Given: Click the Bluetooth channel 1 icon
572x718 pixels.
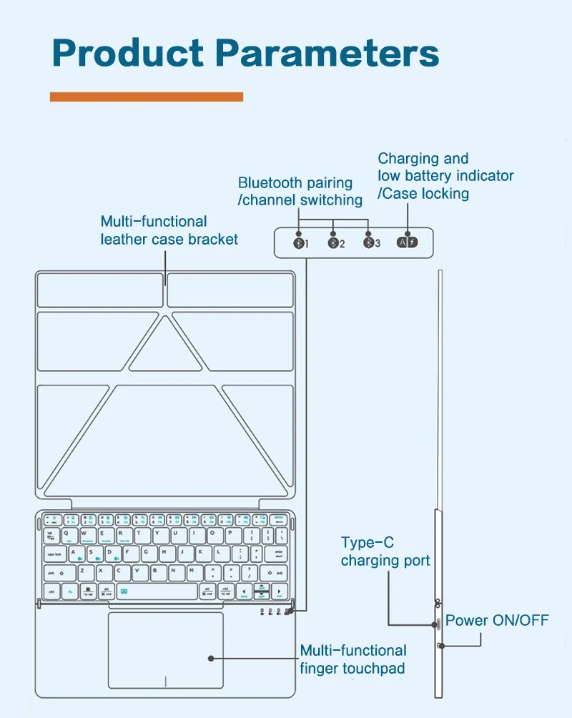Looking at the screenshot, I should (299, 242).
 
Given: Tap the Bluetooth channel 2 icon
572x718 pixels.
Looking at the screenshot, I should (333, 242).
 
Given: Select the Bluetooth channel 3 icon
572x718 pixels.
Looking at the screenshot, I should (369, 242).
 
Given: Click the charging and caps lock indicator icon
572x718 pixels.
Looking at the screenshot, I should (407, 242).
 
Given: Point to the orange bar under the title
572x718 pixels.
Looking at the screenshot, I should (147, 97).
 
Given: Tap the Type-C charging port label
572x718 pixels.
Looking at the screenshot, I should (385, 551).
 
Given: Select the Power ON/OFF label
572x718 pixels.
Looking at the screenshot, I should (497, 620).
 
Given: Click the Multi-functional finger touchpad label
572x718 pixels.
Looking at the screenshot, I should (353, 659).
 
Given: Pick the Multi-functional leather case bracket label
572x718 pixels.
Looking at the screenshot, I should (169, 230).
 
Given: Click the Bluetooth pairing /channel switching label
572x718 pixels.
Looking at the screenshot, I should (300, 192).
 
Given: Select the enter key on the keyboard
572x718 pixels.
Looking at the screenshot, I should (278, 554).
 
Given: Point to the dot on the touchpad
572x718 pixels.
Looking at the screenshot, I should (210, 657).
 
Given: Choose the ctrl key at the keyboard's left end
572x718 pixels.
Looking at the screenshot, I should (51, 591).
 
